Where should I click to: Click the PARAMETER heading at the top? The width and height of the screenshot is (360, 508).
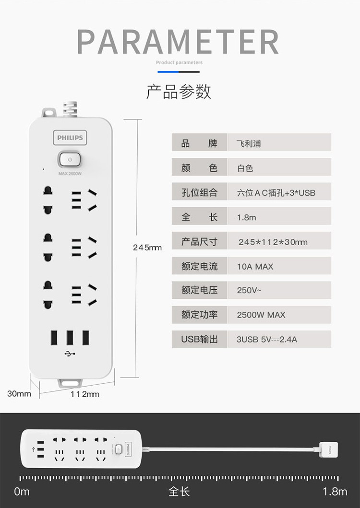178,42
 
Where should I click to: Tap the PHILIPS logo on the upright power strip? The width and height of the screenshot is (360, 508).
70,138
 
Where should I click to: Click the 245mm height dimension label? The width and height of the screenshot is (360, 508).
147,248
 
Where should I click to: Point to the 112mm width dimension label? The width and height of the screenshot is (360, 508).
85,394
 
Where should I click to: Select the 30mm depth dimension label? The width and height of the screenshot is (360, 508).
19,394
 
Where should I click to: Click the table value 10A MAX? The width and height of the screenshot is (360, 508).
255,267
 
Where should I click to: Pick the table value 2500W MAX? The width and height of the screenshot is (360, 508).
261,315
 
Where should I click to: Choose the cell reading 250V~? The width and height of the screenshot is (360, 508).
249,290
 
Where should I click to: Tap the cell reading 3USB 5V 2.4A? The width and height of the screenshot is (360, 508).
266,340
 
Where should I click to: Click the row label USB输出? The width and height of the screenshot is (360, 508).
200,339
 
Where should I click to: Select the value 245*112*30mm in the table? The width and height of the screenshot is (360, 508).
273,242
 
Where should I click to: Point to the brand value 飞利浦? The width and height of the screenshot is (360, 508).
249,143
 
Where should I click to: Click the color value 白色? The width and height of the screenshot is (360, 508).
245,168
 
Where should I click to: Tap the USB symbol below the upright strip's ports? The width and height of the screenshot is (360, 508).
70,354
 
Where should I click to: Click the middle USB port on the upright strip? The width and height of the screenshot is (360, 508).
70,338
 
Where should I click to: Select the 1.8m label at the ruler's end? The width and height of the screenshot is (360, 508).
335,492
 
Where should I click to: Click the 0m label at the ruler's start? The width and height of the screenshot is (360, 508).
22,492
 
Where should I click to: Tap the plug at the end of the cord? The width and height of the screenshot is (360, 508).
328,449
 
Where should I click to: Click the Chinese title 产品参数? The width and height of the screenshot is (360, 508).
179,92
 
